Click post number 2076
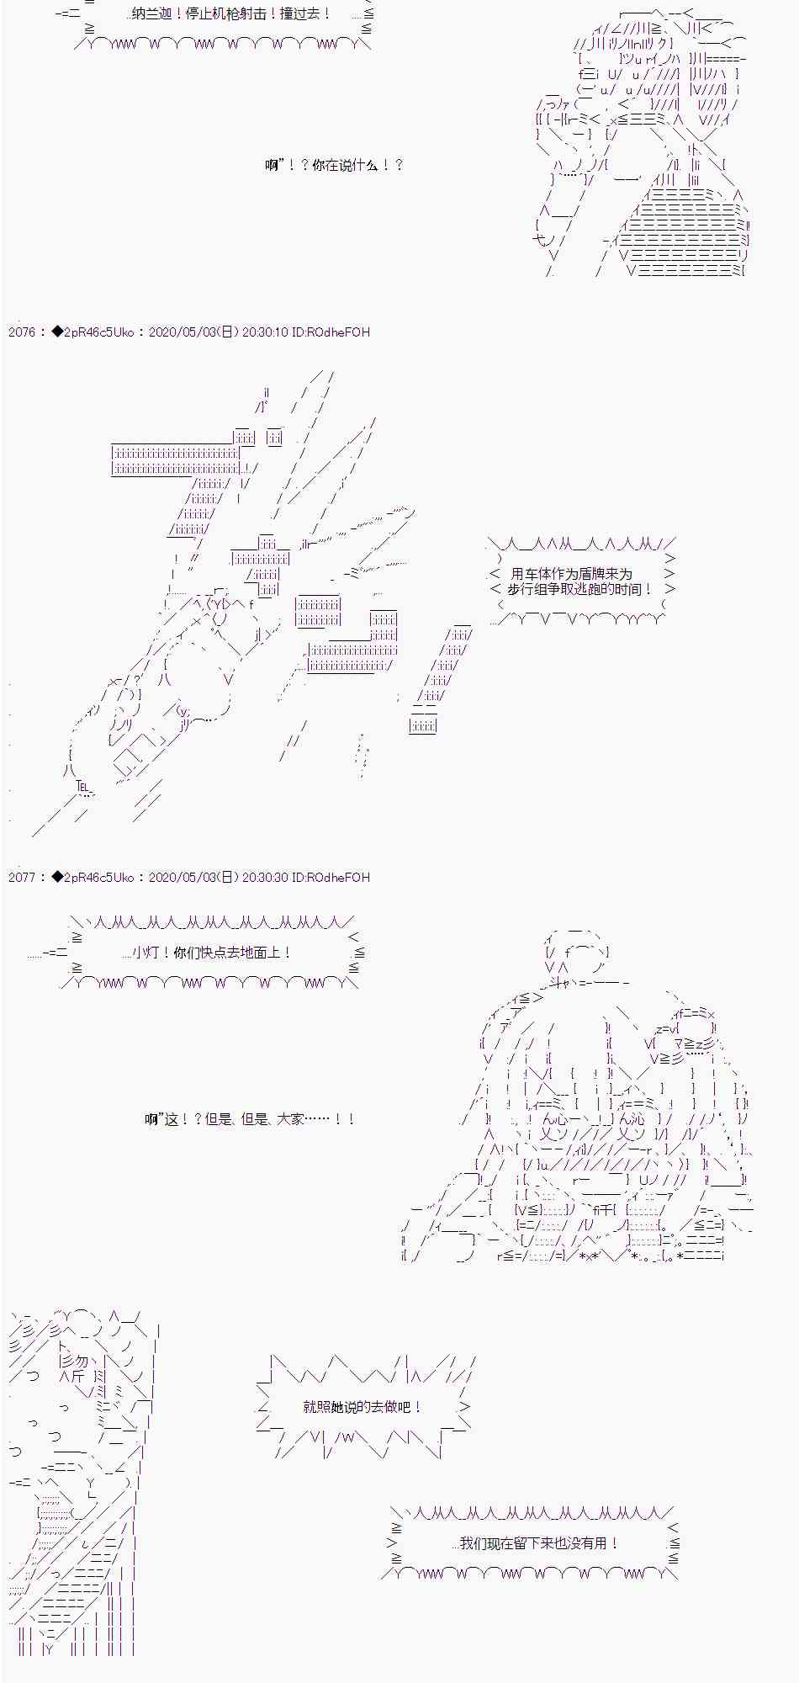(22, 332)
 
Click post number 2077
(22, 878)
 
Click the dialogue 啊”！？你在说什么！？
(334, 165)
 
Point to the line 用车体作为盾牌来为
(571, 574)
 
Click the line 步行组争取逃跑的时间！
(579, 590)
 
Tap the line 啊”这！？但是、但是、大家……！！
(250, 1119)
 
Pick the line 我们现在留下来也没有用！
(539, 1543)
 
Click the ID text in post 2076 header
(331, 332)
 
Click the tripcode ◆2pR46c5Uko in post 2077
(93, 878)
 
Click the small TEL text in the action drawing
(82, 787)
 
